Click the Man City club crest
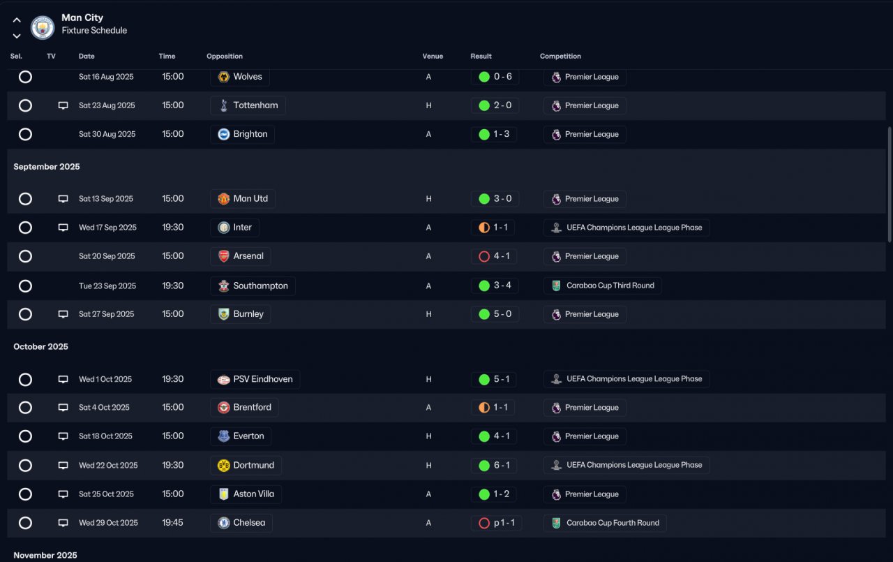43,27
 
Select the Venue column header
433,57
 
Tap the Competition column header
560,57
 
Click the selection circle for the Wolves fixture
25,77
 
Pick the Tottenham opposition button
248,105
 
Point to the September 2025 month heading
47,167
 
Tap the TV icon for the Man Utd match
63,199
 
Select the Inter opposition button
234,228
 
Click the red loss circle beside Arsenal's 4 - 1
484,256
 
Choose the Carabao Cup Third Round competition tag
602,286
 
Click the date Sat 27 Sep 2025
107,314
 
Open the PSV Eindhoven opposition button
255,379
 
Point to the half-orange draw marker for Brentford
484,407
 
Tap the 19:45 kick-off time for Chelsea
172,522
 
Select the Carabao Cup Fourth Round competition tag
605,522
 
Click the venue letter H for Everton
428,436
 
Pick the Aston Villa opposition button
246,494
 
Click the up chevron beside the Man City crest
17,20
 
